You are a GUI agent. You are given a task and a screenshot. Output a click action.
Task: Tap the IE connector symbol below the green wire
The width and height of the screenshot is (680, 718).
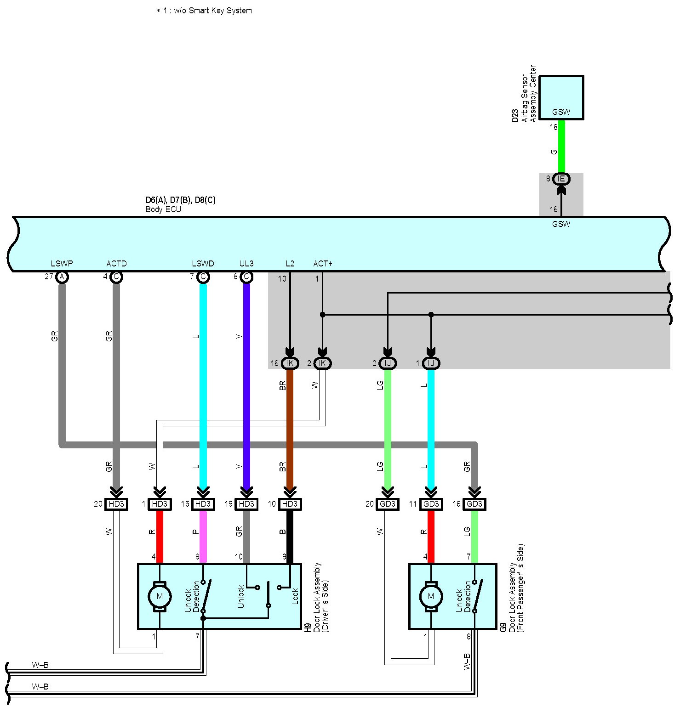click(561, 179)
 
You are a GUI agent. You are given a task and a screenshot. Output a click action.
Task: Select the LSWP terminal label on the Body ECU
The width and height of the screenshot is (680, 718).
click(62, 264)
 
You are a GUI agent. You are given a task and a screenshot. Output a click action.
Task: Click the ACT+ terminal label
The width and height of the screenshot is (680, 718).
click(323, 264)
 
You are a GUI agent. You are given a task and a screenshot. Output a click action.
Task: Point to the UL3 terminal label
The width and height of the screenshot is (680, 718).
click(246, 264)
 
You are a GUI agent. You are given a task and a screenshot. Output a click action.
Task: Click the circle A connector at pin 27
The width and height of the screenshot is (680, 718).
click(62, 277)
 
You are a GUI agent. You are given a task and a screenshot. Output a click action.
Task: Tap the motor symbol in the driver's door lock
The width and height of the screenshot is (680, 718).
click(160, 596)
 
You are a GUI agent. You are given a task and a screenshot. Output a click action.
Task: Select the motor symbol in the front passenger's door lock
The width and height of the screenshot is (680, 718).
click(431, 596)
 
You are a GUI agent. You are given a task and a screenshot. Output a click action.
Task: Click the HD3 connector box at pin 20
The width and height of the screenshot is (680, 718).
click(116, 504)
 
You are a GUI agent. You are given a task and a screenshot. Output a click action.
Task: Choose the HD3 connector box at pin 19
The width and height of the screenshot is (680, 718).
click(246, 504)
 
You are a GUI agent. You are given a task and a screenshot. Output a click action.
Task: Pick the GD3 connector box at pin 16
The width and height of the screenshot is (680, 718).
click(474, 504)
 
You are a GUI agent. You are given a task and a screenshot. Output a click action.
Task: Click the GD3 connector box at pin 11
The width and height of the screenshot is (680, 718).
click(431, 504)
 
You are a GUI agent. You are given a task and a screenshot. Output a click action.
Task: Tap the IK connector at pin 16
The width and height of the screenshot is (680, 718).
click(290, 363)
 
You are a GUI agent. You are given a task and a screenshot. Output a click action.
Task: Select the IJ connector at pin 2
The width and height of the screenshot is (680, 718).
click(388, 363)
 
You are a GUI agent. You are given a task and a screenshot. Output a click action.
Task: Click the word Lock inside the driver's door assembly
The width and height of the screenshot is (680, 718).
click(295, 596)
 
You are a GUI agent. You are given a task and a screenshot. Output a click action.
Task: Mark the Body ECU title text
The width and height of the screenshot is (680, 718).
click(164, 209)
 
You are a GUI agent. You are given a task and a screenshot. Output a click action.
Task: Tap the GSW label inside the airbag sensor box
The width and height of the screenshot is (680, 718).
click(561, 112)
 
